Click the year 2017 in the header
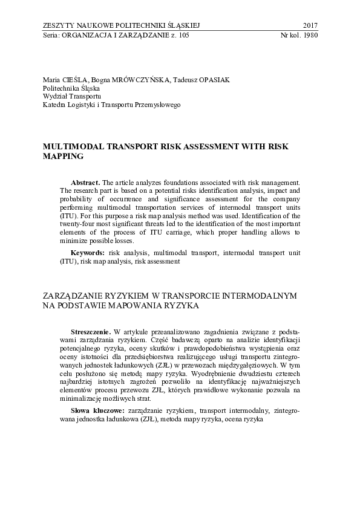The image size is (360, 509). [x=309, y=25]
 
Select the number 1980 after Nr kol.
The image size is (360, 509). [x=310, y=34]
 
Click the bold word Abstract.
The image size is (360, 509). [x=85, y=183]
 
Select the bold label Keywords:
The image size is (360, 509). [x=88, y=250]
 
